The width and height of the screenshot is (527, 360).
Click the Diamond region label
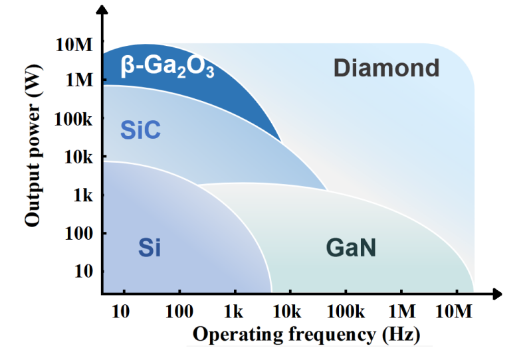click(x=387, y=68)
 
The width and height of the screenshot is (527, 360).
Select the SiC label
click(x=140, y=130)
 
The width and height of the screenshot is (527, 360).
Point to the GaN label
click(x=351, y=248)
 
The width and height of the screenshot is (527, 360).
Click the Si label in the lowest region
click(x=150, y=248)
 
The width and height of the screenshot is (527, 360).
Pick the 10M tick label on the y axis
click(x=74, y=45)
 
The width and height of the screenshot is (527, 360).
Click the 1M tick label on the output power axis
click(x=79, y=80)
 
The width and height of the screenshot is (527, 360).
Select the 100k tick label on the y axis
click(x=73, y=118)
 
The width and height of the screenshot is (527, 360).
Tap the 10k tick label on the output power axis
click(x=78, y=157)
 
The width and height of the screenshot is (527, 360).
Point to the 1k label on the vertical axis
click(x=83, y=195)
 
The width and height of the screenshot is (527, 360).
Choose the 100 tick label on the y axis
click(x=78, y=233)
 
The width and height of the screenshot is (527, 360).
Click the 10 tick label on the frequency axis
click(x=120, y=312)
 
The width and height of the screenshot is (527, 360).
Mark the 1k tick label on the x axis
click(x=233, y=312)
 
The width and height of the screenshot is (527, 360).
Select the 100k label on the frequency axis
click(x=346, y=312)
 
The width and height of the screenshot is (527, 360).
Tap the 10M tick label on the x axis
click(x=454, y=312)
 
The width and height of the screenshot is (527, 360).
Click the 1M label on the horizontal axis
click(x=402, y=312)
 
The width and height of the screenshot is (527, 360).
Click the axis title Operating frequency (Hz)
click(x=306, y=335)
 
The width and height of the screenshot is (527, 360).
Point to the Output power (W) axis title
click(x=33, y=145)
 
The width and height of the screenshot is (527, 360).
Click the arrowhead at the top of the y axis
click(x=102, y=9)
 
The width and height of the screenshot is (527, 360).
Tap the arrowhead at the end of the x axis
click(x=496, y=294)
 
